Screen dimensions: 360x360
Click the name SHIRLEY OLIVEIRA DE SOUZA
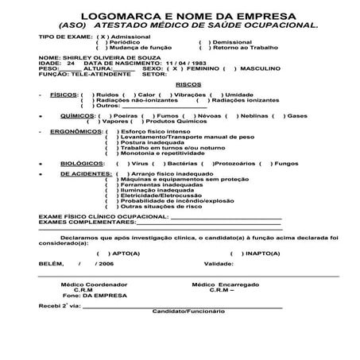pyautogui.click(x=94, y=57)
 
